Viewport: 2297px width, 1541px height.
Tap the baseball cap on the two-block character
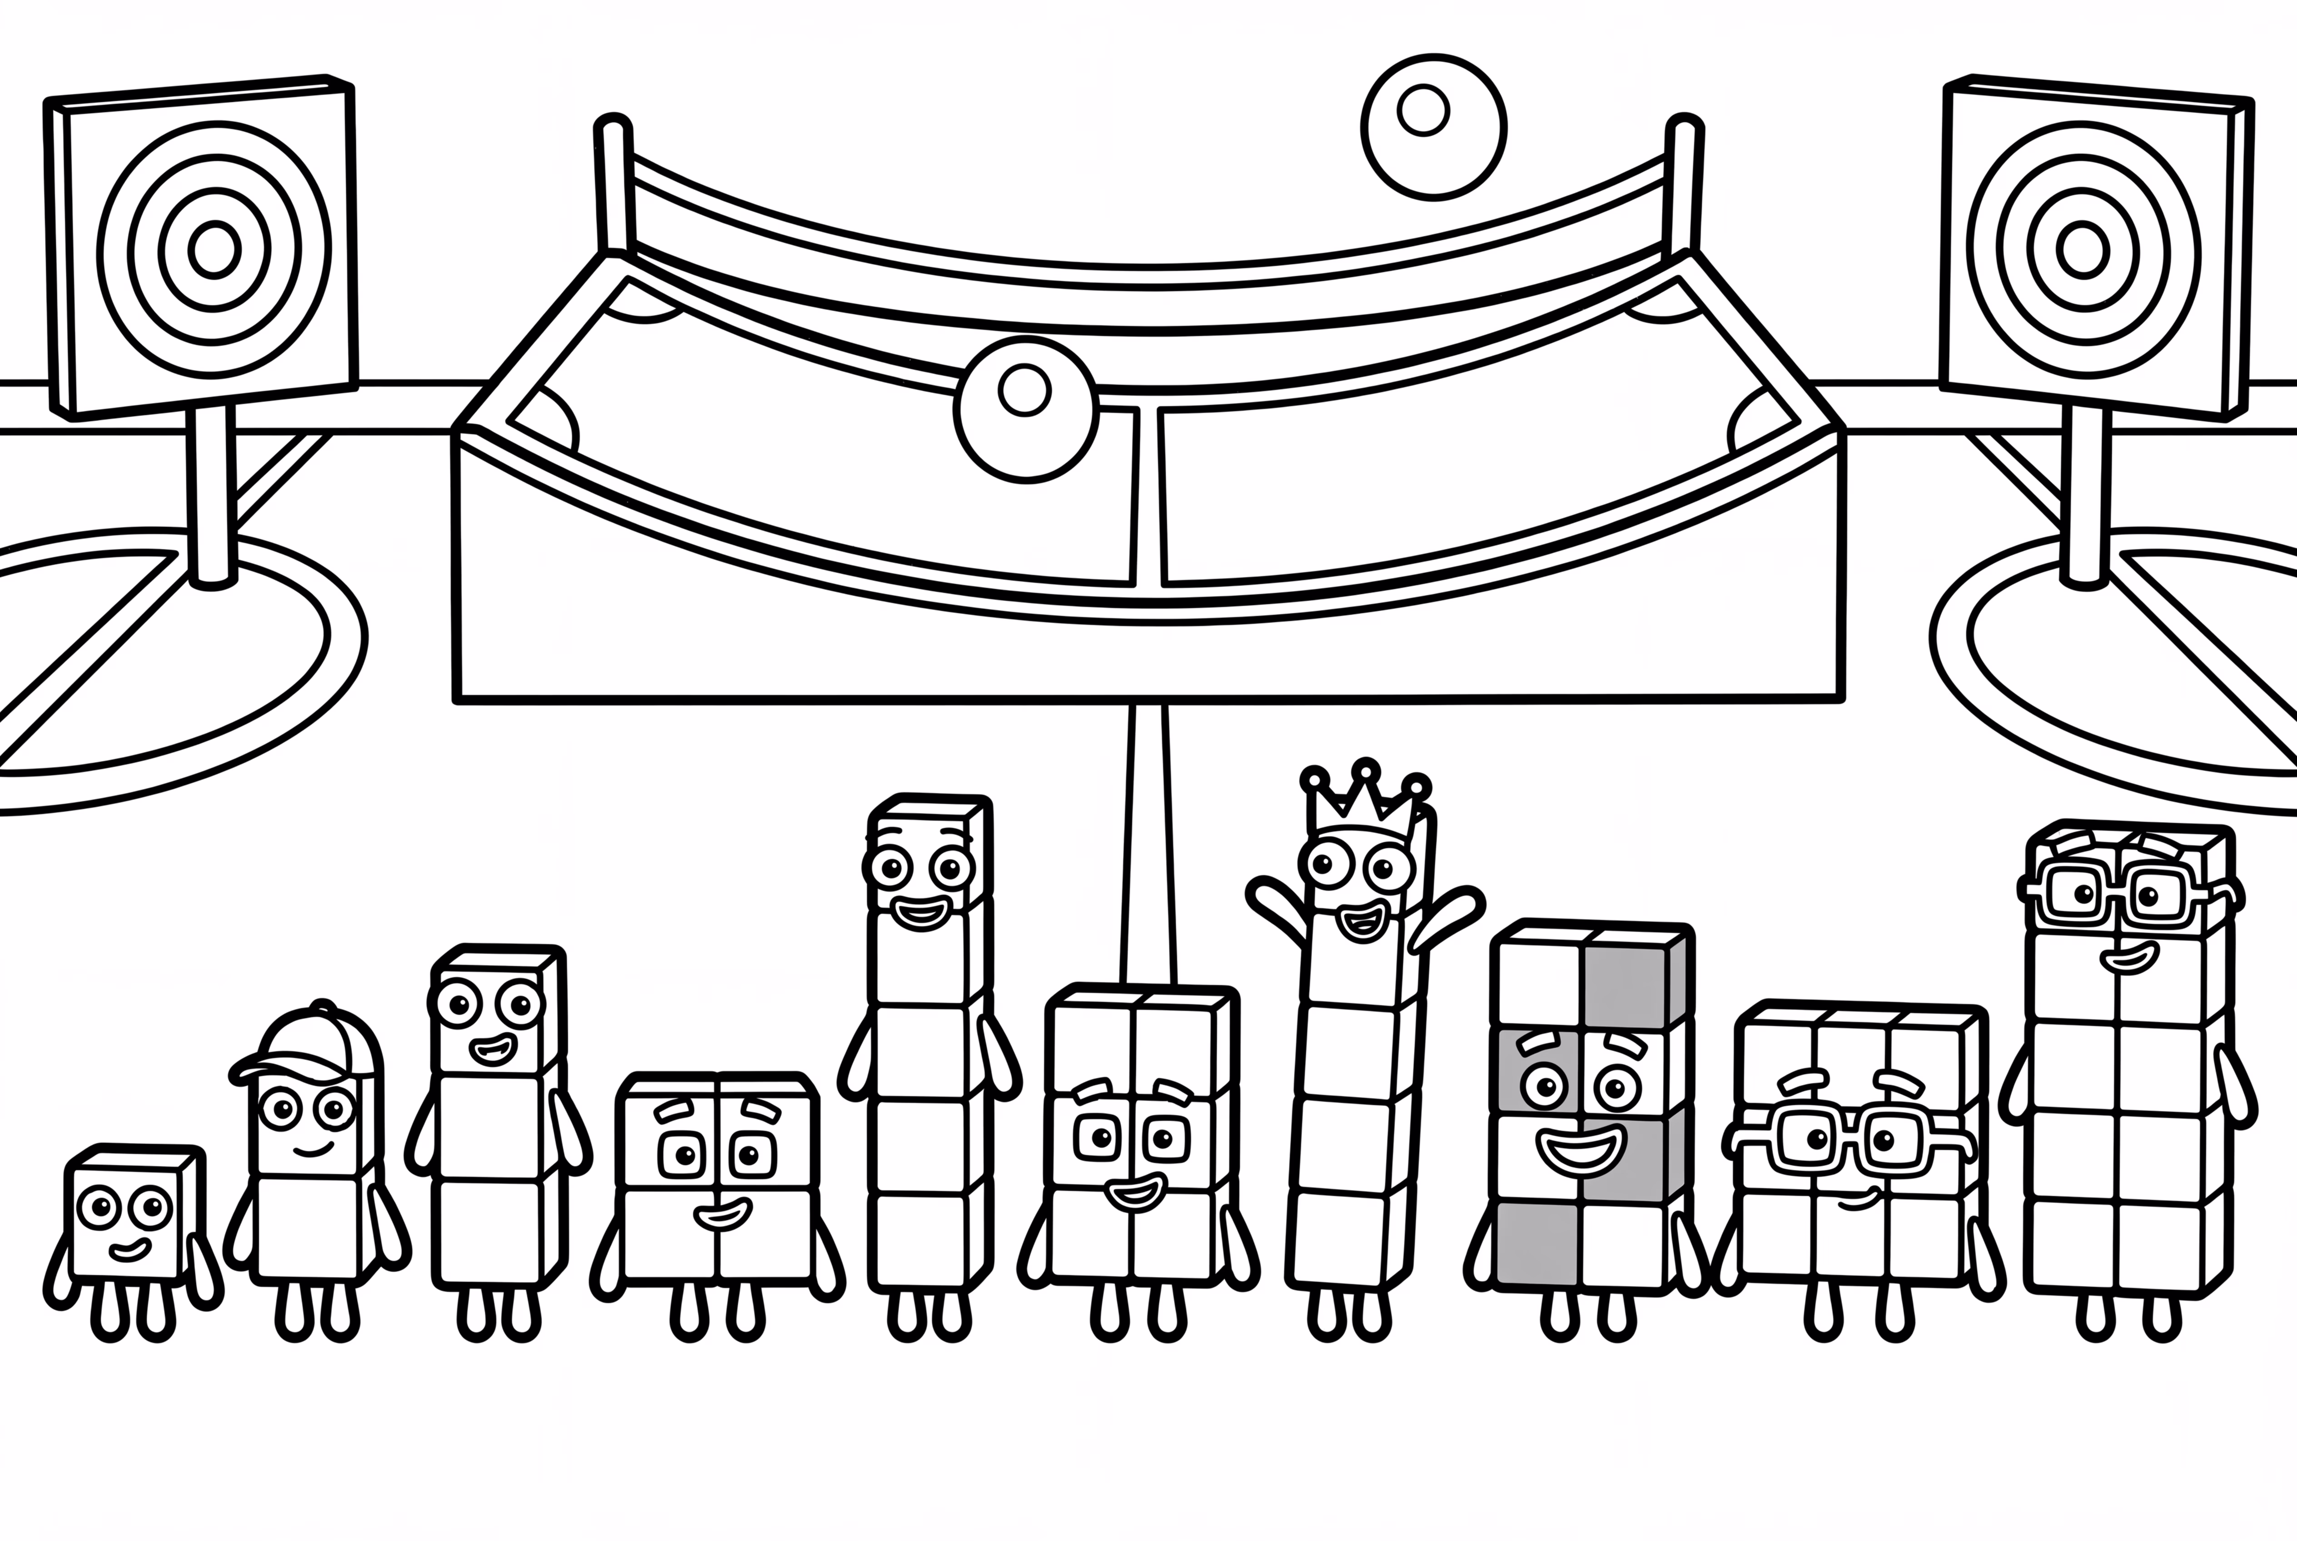313,1047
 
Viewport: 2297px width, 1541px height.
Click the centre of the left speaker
214,249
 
